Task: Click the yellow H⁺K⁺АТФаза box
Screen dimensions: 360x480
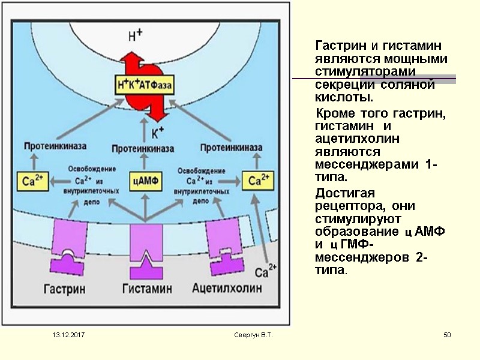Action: click(x=146, y=86)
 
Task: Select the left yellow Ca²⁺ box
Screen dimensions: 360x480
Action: click(x=33, y=179)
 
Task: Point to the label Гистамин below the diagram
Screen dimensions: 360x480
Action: click(x=146, y=289)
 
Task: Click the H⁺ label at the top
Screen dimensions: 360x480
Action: click(x=136, y=35)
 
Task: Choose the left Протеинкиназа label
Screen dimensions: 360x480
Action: click(x=55, y=146)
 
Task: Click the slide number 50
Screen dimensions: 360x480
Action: click(x=446, y=334)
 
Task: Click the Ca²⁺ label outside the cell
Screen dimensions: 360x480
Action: click(x=266, y=272)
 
